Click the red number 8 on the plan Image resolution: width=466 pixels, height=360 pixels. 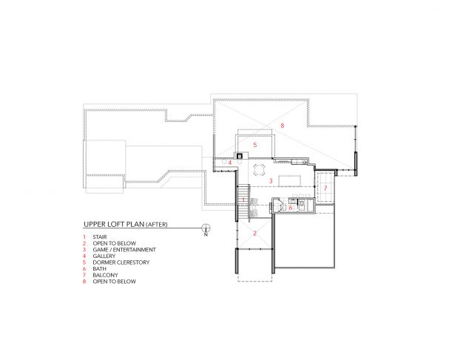(282, 126)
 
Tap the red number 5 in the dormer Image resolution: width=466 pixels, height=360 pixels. (254, 145)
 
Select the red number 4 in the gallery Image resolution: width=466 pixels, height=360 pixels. (230, 163)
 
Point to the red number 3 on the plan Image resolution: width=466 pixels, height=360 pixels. (271, 180)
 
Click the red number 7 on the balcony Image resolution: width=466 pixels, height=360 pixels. (325, 188)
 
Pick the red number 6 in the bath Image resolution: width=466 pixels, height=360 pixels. (291, 208)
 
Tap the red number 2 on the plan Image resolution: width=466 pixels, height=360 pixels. (254, 234)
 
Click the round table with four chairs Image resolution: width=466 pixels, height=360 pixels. (259, 171)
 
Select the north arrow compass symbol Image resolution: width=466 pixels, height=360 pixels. (206, 229)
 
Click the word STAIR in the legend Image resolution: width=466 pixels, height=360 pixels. (100, 237)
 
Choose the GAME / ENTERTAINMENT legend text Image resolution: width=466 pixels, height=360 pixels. (124, 250)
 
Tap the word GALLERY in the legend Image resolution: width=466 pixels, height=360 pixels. (104, 256)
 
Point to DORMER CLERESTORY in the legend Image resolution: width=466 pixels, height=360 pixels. (121, 262)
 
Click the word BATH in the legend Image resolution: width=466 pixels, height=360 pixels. (99, 269)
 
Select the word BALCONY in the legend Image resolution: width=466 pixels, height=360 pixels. (105, 275)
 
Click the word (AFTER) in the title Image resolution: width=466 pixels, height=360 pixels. (157, 225)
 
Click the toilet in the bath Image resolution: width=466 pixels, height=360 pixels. (302, 204)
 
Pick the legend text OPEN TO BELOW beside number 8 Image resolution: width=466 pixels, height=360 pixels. (115, 282)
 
